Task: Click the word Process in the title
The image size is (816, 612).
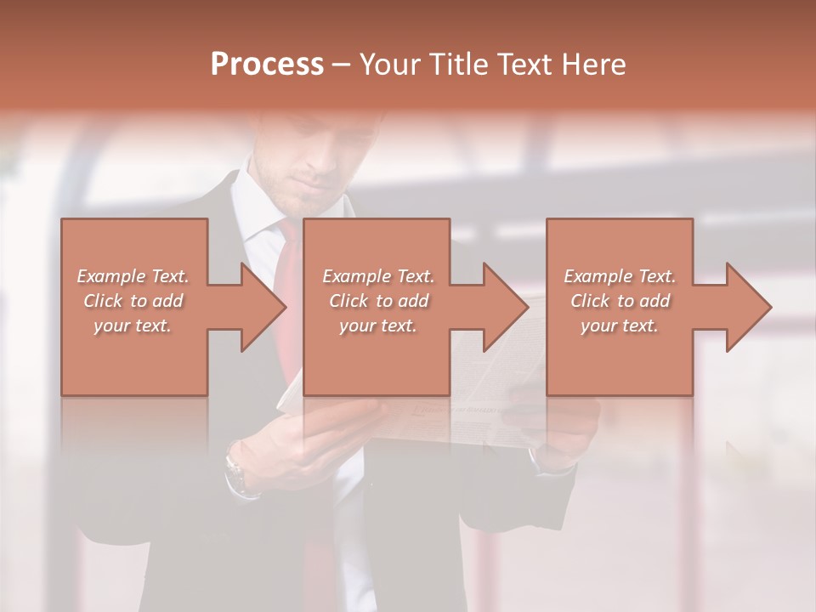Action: pos(267,64)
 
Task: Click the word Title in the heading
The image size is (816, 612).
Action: pos(453,64)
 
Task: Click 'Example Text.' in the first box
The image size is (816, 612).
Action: pos(133,276)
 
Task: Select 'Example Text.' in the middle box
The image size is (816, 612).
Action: pos(378,276)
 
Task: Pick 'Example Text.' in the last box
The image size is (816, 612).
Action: pos(620,276)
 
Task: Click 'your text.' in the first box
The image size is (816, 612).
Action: pos(133,326)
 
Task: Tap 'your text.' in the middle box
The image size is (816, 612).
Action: pos(378,326)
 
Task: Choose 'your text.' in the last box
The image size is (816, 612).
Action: pos(620,326)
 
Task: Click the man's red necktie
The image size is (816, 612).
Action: pos(290,255)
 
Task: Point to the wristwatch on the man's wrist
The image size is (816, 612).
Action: pos(235,472)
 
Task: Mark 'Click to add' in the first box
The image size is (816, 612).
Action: pos(133,301)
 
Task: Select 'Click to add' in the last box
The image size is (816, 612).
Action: pos(620,301)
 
